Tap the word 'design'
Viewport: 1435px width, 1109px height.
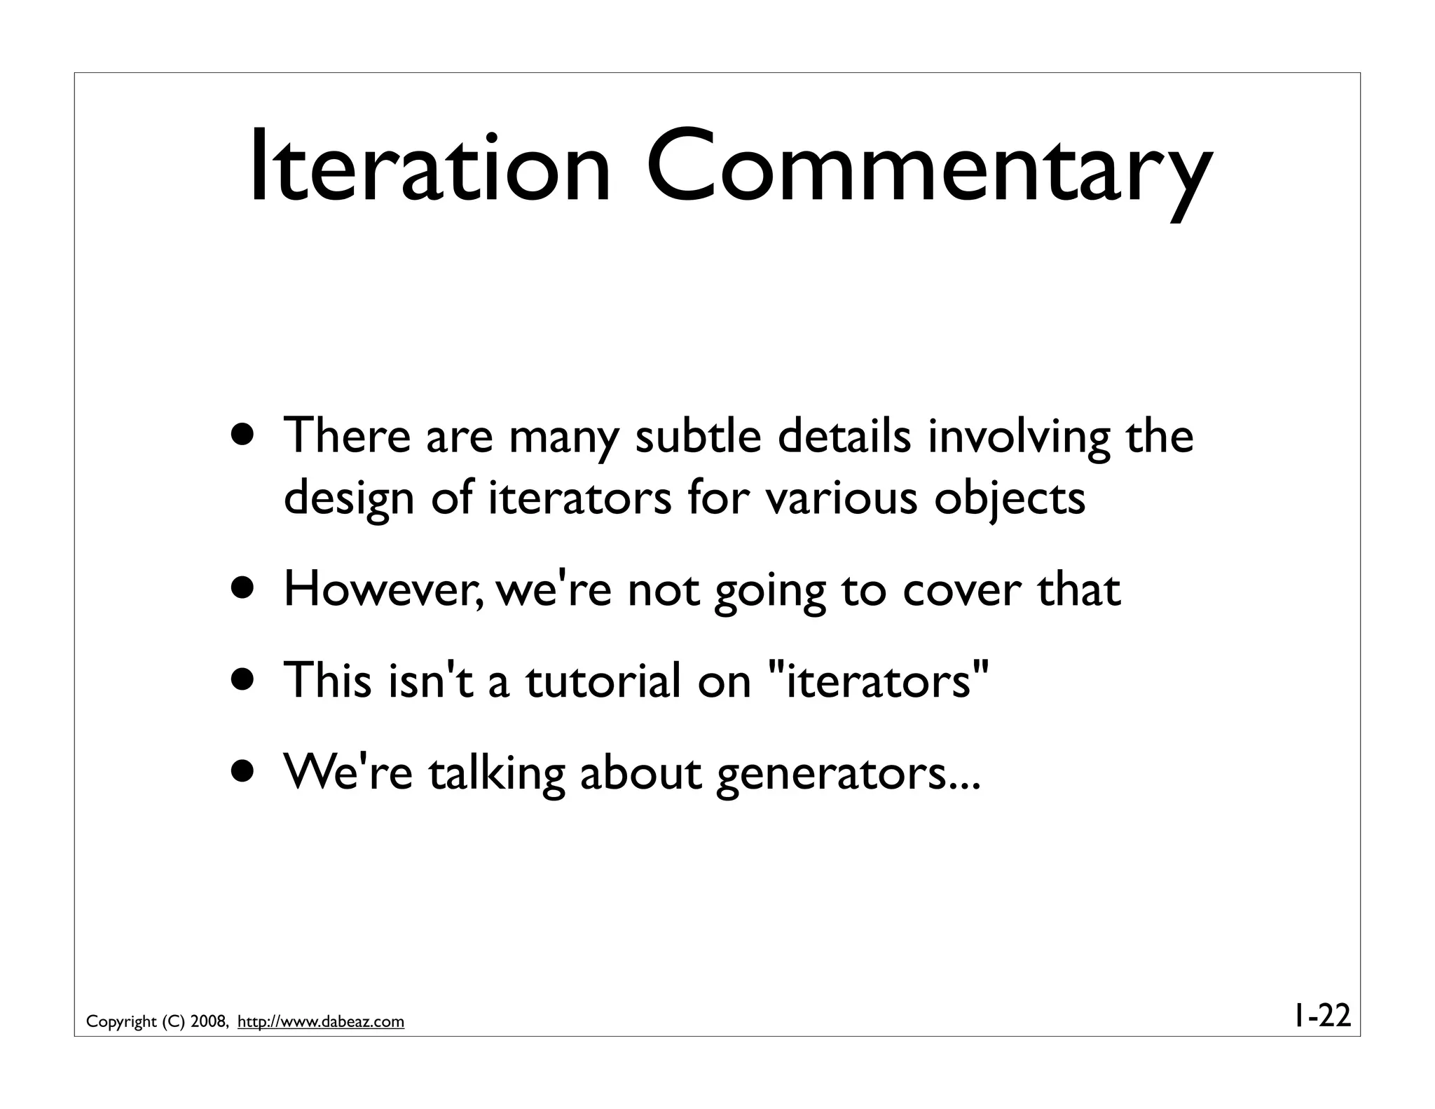pos(348,499)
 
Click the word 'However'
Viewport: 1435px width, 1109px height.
pos(383,590)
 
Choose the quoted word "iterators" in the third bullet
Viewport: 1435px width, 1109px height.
pos(879,681)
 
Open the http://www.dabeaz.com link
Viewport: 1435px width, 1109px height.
pos(321,1022)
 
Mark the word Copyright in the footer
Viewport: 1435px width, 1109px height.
pos(121,1022)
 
